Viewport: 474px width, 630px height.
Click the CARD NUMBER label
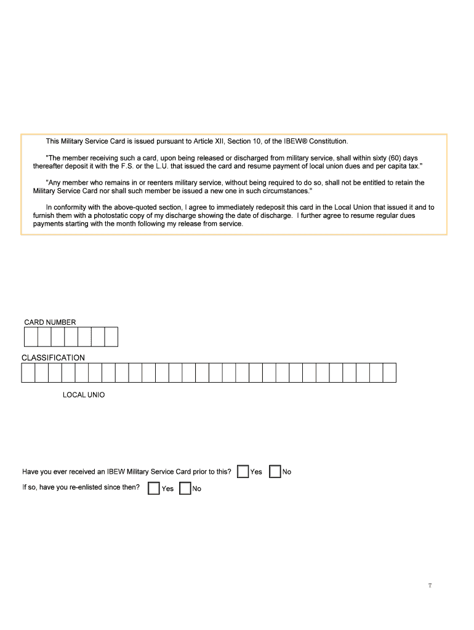[x=50, y=322]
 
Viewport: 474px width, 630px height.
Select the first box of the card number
[x=31, y=337]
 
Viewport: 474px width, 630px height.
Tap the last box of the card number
[x=111, y=337]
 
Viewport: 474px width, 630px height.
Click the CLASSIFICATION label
[x=53, y=357]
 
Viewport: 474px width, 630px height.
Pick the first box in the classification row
[x=28, y=373]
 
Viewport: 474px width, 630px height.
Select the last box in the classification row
[x=389, y=373]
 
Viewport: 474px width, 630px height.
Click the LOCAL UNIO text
[x=84, y=394]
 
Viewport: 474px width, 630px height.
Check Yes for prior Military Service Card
[x=243, y=471]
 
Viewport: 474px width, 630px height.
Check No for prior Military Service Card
[x=275, y=471]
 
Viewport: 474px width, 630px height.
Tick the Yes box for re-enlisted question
[x=154, y=488]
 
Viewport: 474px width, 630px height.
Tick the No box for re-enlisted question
[x=185, y=488]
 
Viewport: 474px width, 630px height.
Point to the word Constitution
[x=328, y=142]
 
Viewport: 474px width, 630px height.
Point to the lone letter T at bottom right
[x=430, y=585]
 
